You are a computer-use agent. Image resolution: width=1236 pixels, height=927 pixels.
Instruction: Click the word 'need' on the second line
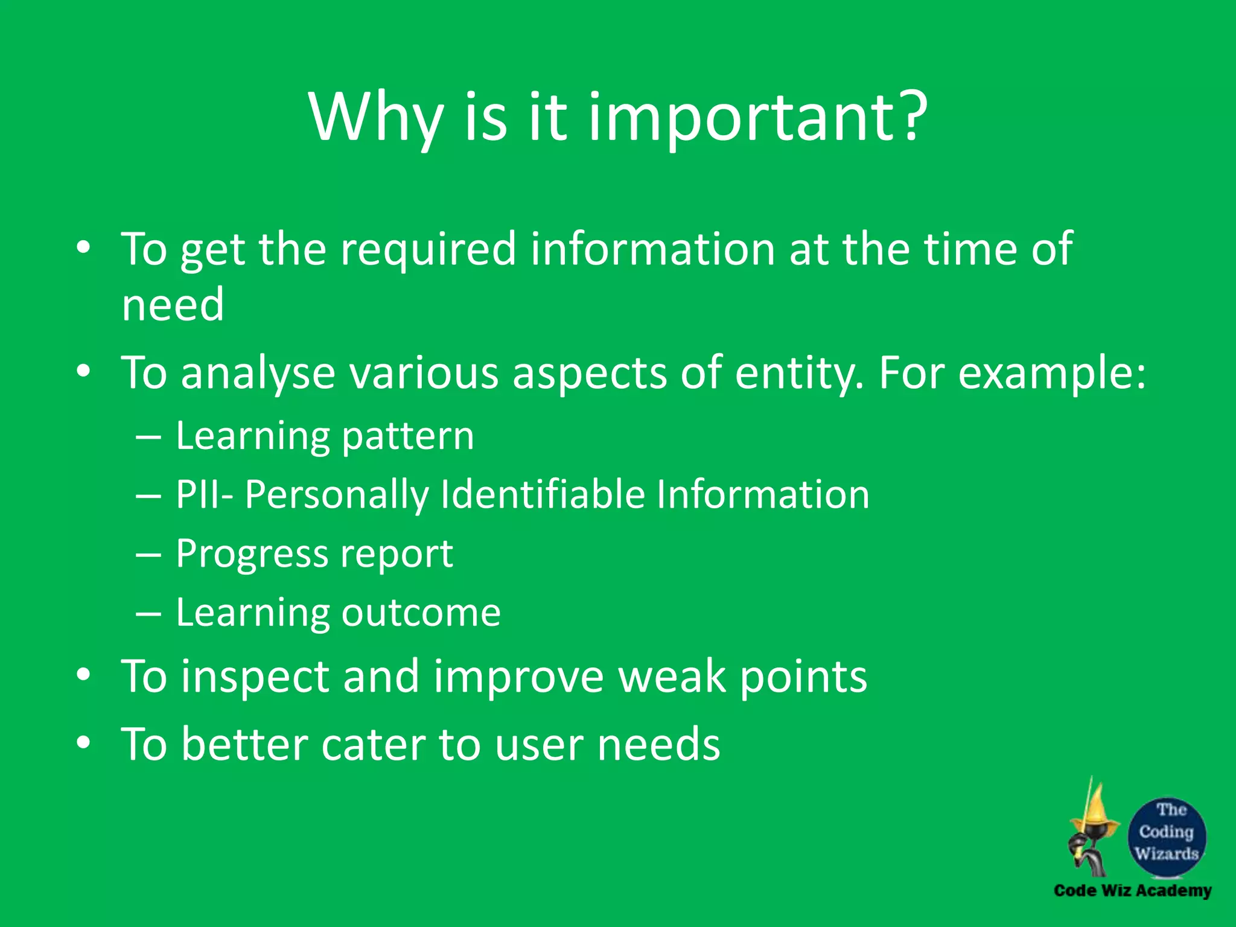[173, 305]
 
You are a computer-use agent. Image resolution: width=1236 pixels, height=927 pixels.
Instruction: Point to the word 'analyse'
[258, 373]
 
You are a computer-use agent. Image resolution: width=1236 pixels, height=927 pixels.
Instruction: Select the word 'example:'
[1052, 373]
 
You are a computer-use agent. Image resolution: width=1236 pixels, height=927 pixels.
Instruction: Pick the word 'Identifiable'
[543, 495]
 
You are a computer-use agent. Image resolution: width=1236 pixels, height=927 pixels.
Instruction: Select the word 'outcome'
[421, 613]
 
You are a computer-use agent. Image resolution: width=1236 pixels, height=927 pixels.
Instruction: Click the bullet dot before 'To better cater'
[83, 743]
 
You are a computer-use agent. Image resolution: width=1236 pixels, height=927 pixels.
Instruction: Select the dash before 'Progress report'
[148, 554]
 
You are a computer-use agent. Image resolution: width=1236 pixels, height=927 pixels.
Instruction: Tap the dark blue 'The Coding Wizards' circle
[1167, 836]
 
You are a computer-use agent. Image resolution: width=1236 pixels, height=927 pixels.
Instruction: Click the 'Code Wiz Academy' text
[1132, 891]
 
